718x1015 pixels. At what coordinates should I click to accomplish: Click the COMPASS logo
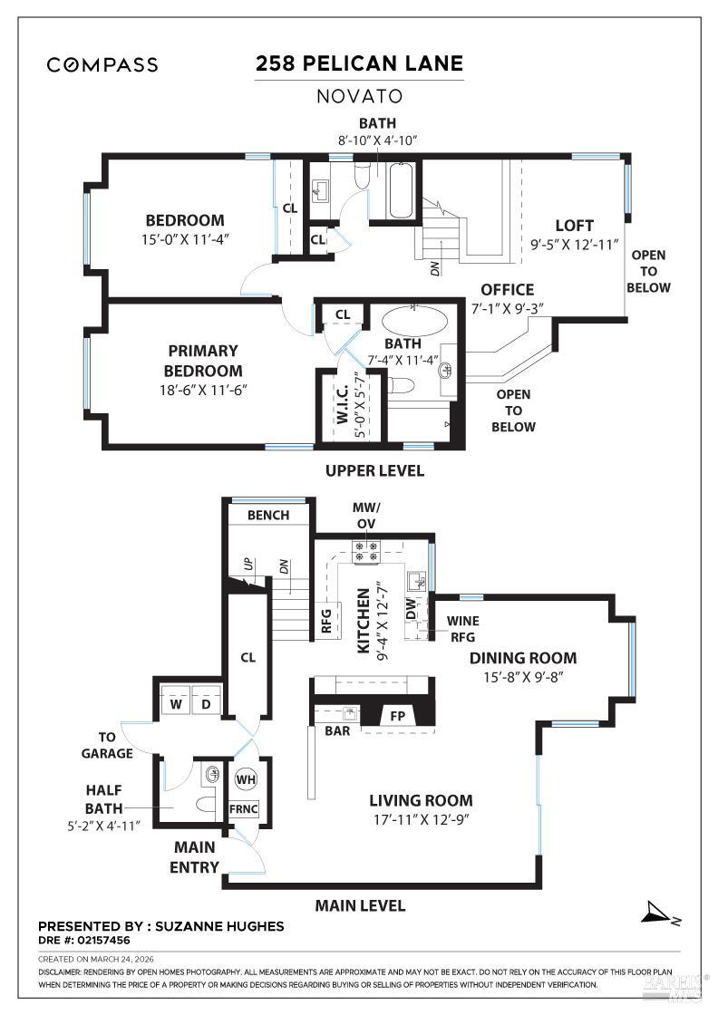(x=102, y=64)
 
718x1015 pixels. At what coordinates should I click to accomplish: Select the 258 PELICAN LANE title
(x=359, y=63)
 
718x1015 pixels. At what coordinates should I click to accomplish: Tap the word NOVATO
(x=359, y=95)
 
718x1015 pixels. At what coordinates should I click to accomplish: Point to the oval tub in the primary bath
(x=414, y=321)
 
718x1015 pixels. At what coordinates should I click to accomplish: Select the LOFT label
(x=574, y=226)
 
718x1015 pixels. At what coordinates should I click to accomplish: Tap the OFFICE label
(x=507, y=290)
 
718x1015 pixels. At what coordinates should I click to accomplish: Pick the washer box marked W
(x=175, y=702)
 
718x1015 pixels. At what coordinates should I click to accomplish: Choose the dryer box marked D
(x=206, y=702)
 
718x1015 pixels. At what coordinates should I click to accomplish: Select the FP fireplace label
(x=397, y=715)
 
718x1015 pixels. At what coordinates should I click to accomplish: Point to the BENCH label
(x=268, y=515)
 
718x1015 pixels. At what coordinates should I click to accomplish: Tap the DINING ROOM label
(x=522, y=659)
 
